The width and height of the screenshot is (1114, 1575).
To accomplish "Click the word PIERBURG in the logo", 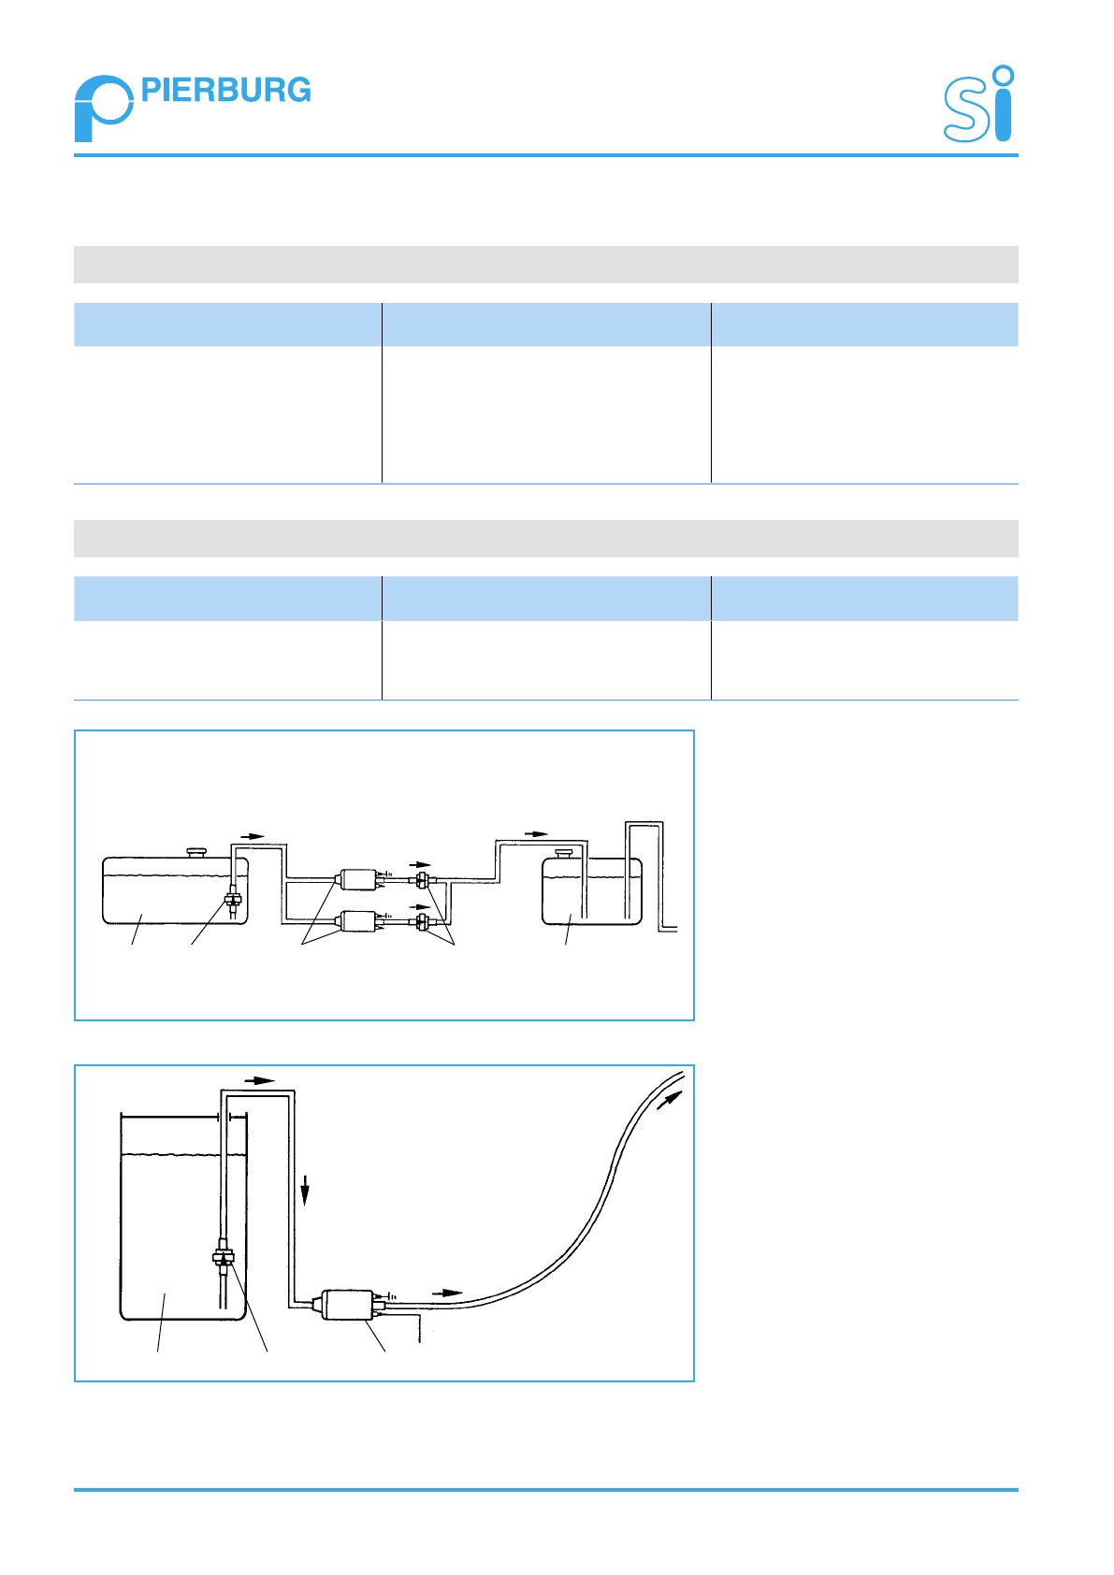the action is (x=225, y=90).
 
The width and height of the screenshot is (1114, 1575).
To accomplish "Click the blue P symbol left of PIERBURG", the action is (x=104, y=108).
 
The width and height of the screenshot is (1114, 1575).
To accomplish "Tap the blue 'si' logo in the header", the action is (x=978, y=104).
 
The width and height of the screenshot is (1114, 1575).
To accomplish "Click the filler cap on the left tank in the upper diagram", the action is (x=196, y=853).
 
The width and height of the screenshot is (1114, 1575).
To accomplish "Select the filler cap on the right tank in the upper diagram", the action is (x=564, y=854).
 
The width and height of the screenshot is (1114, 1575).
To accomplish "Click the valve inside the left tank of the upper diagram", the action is (x=232, y=900).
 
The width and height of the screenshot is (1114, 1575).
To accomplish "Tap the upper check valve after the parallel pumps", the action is (x=423, y=879).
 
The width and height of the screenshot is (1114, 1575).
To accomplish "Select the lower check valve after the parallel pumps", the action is (x=423, y=922).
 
